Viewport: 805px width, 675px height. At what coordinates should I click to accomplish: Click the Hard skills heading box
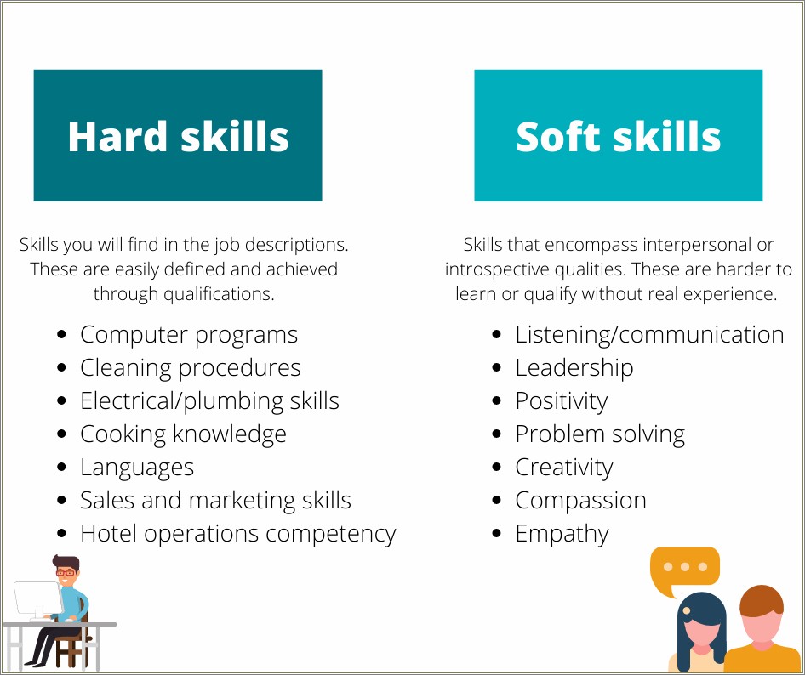tap(178, 136)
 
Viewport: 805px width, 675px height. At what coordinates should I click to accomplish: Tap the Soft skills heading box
tap(618, 136)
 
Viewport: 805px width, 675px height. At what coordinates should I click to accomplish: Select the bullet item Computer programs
tap(189, 335)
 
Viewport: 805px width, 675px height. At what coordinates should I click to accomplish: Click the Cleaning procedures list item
tap(190, 368)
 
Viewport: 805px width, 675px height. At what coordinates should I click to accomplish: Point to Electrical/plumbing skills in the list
tap(209, 401)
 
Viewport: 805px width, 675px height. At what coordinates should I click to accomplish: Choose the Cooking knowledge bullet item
tap(183, 434)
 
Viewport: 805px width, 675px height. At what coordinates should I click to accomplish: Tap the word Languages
tap(137, 468)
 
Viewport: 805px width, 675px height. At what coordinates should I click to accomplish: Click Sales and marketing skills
tap(215, 501)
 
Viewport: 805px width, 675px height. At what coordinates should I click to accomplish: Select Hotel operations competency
tap(237, 534)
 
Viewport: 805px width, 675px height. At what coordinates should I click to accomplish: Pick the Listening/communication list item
tap(649, 335)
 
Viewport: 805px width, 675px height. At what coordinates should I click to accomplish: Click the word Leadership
tap(574, 368)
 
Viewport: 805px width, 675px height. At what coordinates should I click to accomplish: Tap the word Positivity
tap(562, 401)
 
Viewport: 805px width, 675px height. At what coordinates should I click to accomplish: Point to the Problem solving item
tap(600, 434)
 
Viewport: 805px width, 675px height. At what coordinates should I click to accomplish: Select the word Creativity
tap(564, 468)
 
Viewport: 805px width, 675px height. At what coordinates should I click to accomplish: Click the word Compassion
tap(580, 501)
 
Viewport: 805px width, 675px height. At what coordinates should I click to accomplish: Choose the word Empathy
tap(562, 534)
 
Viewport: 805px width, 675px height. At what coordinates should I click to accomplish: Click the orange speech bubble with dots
tap(684, 568)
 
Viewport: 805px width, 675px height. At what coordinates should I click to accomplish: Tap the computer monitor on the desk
tap(35, 599)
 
